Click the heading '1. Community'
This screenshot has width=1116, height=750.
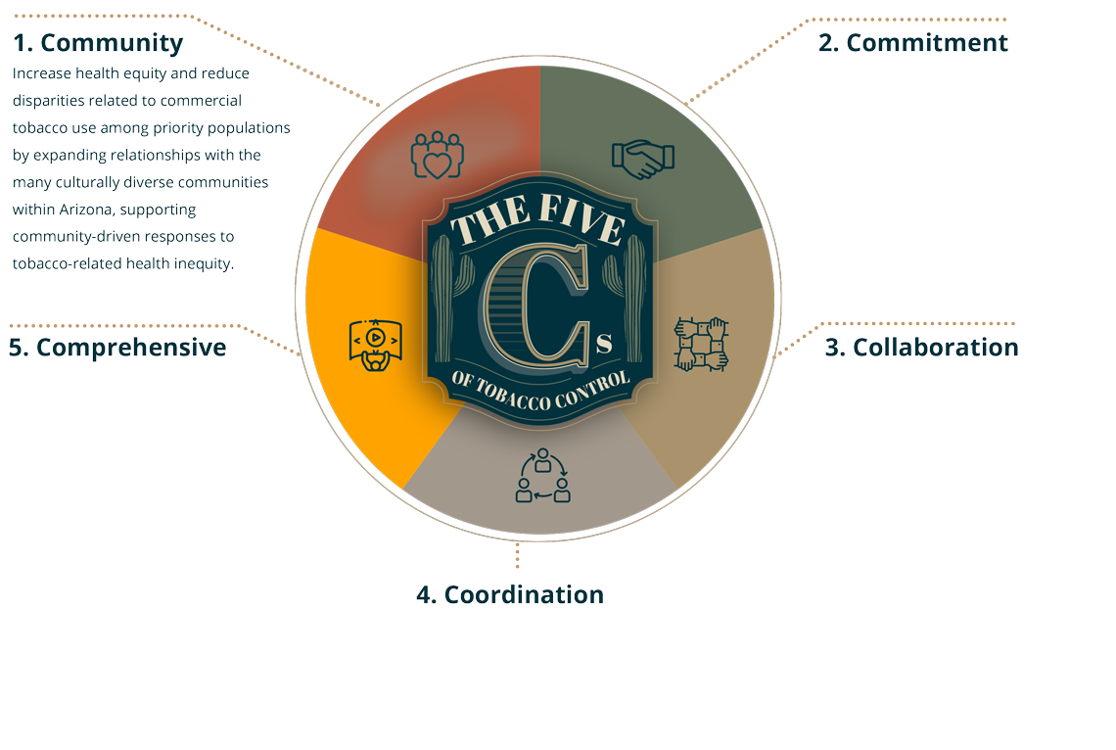click(x=98, y=43)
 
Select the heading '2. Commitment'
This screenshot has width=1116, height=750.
click(x=913, y=43)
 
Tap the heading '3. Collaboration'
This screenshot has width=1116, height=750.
click(x=922, y=348)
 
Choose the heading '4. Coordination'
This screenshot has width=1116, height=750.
click(x=510, y=594)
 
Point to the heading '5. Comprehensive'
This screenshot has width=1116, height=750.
click(x=117, y=348)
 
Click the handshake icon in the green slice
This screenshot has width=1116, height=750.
click(x=643, y=159)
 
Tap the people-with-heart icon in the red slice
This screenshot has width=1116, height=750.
click(x=437, y=155)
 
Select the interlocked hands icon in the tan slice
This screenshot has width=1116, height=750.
click(x=701, y=345)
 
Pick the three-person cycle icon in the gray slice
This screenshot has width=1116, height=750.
click(x=543, y=475)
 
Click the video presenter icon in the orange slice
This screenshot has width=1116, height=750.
click(x=376, y=345)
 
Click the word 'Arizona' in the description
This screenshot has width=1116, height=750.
click(x=86, y=210)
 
